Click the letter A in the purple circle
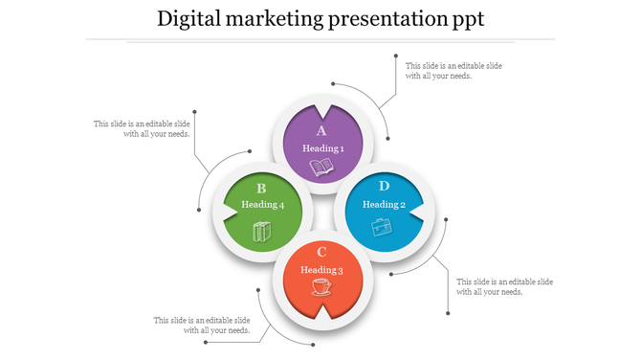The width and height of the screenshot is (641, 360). tap(322, 131)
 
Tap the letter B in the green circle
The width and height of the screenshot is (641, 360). tap(261, 189)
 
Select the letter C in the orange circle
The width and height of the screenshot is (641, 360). tap(322, 252)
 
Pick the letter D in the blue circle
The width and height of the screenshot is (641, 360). tap(384, 186)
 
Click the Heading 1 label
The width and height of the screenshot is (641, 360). tap(322, 148)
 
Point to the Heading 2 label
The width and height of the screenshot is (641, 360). tap(384, 204)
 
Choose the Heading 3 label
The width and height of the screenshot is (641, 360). tap(322, 269)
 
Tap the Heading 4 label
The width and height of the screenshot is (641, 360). tap(262, 205)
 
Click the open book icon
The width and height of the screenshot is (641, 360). tap(322, 169)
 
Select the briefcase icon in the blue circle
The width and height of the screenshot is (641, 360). tap(382, 226)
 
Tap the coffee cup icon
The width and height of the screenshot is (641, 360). tap(321, 287)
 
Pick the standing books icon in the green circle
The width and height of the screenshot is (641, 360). tap(261, 231)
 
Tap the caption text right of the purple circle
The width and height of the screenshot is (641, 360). tap(453, 70)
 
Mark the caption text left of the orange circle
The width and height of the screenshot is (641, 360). tap(202, 325)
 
